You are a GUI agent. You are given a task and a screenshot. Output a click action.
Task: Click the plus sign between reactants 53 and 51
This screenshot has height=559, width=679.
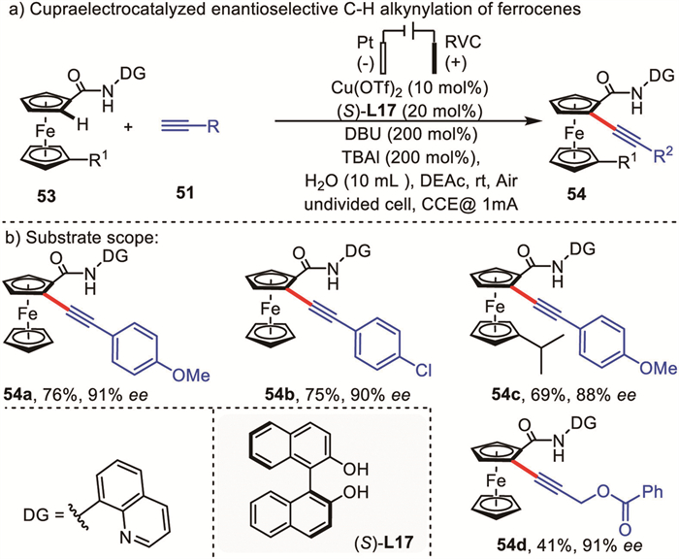[x=129, y=127]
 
